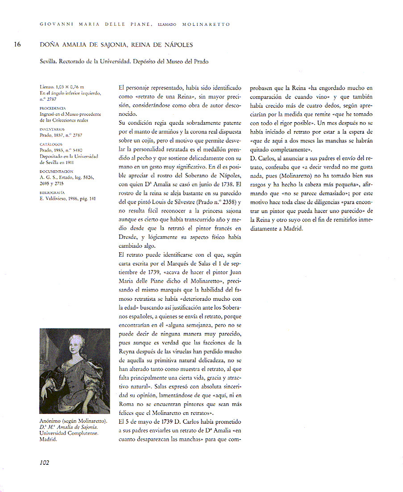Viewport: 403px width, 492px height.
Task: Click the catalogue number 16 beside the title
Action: [17, 45]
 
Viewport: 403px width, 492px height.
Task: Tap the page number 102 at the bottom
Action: [44, 462]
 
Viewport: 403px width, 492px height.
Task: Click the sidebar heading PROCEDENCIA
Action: [53, 108]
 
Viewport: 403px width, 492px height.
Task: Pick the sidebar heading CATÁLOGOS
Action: [51, 144]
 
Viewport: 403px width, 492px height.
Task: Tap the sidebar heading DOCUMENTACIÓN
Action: [55, 171]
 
